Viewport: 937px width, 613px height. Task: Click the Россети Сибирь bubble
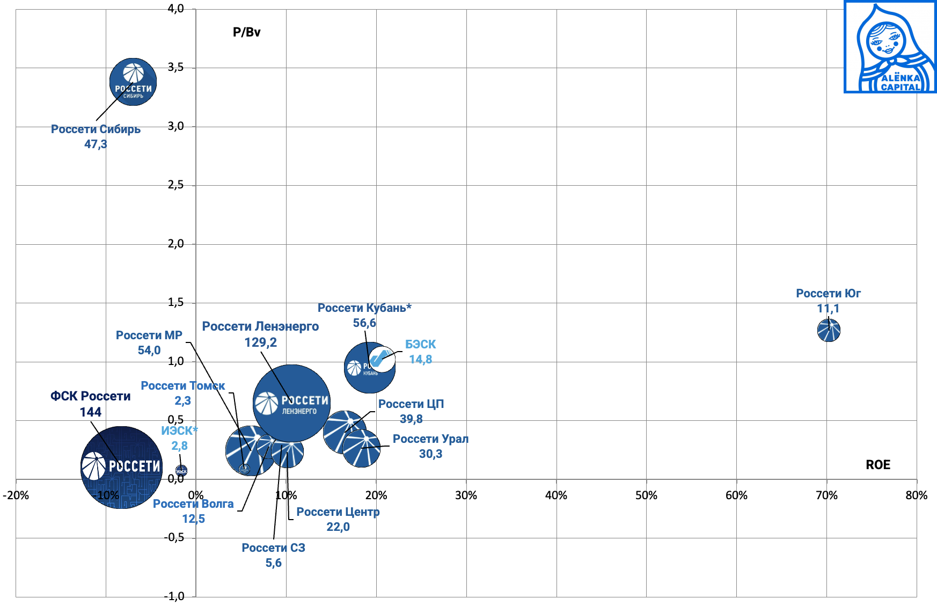coord(133,82)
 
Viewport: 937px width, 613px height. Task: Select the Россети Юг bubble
coord(829,330)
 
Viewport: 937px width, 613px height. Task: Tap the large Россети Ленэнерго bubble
coord(291,403)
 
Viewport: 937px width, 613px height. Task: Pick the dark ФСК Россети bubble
coord(122,467)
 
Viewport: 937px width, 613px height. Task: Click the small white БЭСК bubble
coord(382,359)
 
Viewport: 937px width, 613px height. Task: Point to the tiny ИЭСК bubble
coord(181,471)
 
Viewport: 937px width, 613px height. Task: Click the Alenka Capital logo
coord(890,47)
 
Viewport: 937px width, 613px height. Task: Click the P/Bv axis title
coord(246,32)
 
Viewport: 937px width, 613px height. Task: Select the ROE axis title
coord(877,465)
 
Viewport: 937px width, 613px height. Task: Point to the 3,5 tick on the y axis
coord(175,67)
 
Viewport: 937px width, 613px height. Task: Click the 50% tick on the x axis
coord(646,495)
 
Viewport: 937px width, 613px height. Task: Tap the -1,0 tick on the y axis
coord(174,596)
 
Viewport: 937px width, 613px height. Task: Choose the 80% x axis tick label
coord(916,495)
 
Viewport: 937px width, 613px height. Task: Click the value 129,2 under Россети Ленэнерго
coord(260,342)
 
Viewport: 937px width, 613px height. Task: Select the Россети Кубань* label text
coord(364,308)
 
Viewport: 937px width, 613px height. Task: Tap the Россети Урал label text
coord(430,439)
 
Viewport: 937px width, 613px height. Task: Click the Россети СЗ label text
coord(273,548)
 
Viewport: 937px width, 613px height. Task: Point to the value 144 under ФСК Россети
coord(90,412)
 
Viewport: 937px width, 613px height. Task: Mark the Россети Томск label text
coord(182,386)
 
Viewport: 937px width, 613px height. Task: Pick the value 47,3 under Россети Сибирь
coord(96,144)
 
